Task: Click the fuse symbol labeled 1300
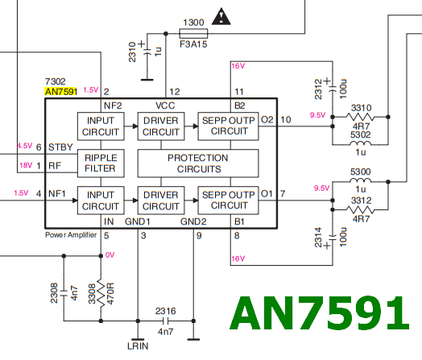tap(193, 34)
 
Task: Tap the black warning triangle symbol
tap(221, 17)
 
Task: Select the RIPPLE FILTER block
tap(101, 163)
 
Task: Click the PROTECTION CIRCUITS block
tap(198, 163)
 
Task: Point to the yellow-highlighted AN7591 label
tap(61, 92)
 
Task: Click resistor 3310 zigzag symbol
tap(360, 117)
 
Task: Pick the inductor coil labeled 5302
tap(360, 143)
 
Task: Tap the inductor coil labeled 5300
tap(360, 180)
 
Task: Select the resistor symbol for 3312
tap(360, 209)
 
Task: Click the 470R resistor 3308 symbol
tap(101, 293)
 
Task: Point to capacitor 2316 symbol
tap(166, 321)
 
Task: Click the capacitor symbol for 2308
tap(64, 293)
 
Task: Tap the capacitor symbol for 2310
tap(147, 52)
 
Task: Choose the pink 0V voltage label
tap(110, 254)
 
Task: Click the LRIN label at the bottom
tap(138, 346)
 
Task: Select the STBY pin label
tap(60, 147)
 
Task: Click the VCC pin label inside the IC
tap(165, 106)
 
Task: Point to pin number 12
tap(175, 92)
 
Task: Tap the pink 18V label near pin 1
tap(26, 165)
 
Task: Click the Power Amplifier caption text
tap(71, 235)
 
